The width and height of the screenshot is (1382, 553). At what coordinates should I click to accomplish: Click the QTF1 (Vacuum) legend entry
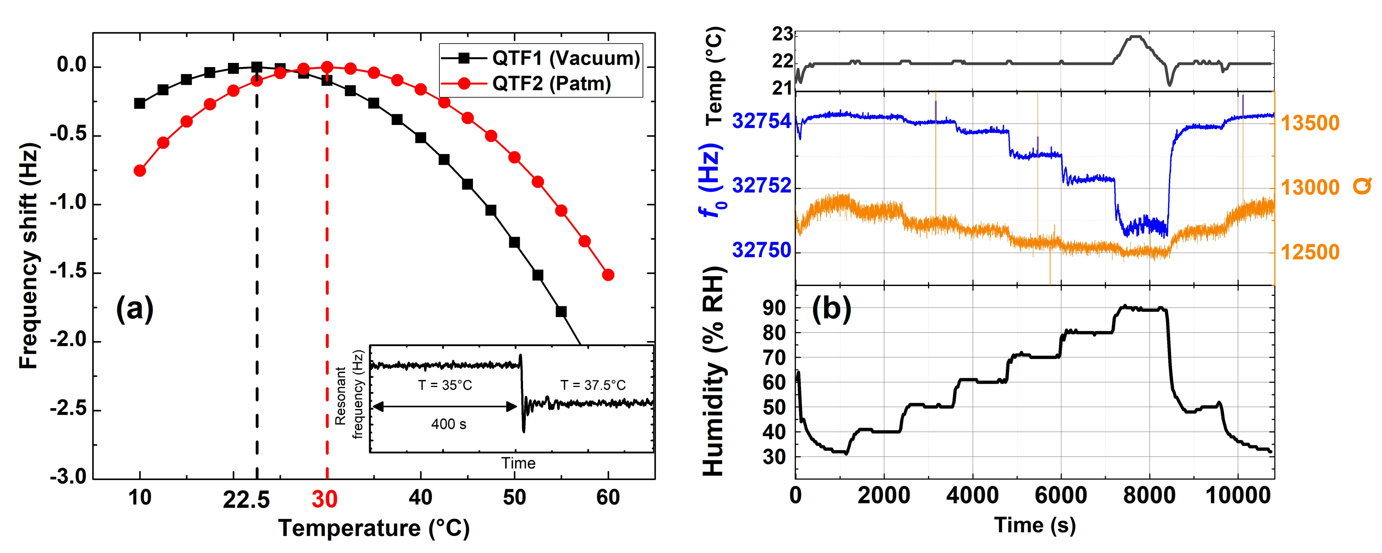(541, 58)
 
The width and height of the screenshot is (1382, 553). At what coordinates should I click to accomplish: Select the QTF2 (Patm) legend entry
(526, 83)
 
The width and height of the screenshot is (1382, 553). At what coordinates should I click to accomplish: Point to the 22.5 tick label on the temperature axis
(246, 499)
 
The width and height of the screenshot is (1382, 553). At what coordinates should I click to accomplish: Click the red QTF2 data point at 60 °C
(608, 275)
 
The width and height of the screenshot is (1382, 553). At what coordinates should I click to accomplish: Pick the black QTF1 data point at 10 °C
(139, 103)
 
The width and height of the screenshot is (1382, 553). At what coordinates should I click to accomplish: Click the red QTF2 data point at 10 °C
(139, 171)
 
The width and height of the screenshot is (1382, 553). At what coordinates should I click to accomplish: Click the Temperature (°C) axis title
(374, 528)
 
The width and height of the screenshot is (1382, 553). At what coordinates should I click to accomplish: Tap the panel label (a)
(134, 309)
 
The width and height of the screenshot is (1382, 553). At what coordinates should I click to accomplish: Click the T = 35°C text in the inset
(445, 385)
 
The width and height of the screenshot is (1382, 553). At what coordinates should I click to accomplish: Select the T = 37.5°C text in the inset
(593, 385)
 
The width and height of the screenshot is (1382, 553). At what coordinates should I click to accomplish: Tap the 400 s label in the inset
(449, 424)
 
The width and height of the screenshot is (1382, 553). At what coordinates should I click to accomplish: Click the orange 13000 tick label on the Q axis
(1310, 188)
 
